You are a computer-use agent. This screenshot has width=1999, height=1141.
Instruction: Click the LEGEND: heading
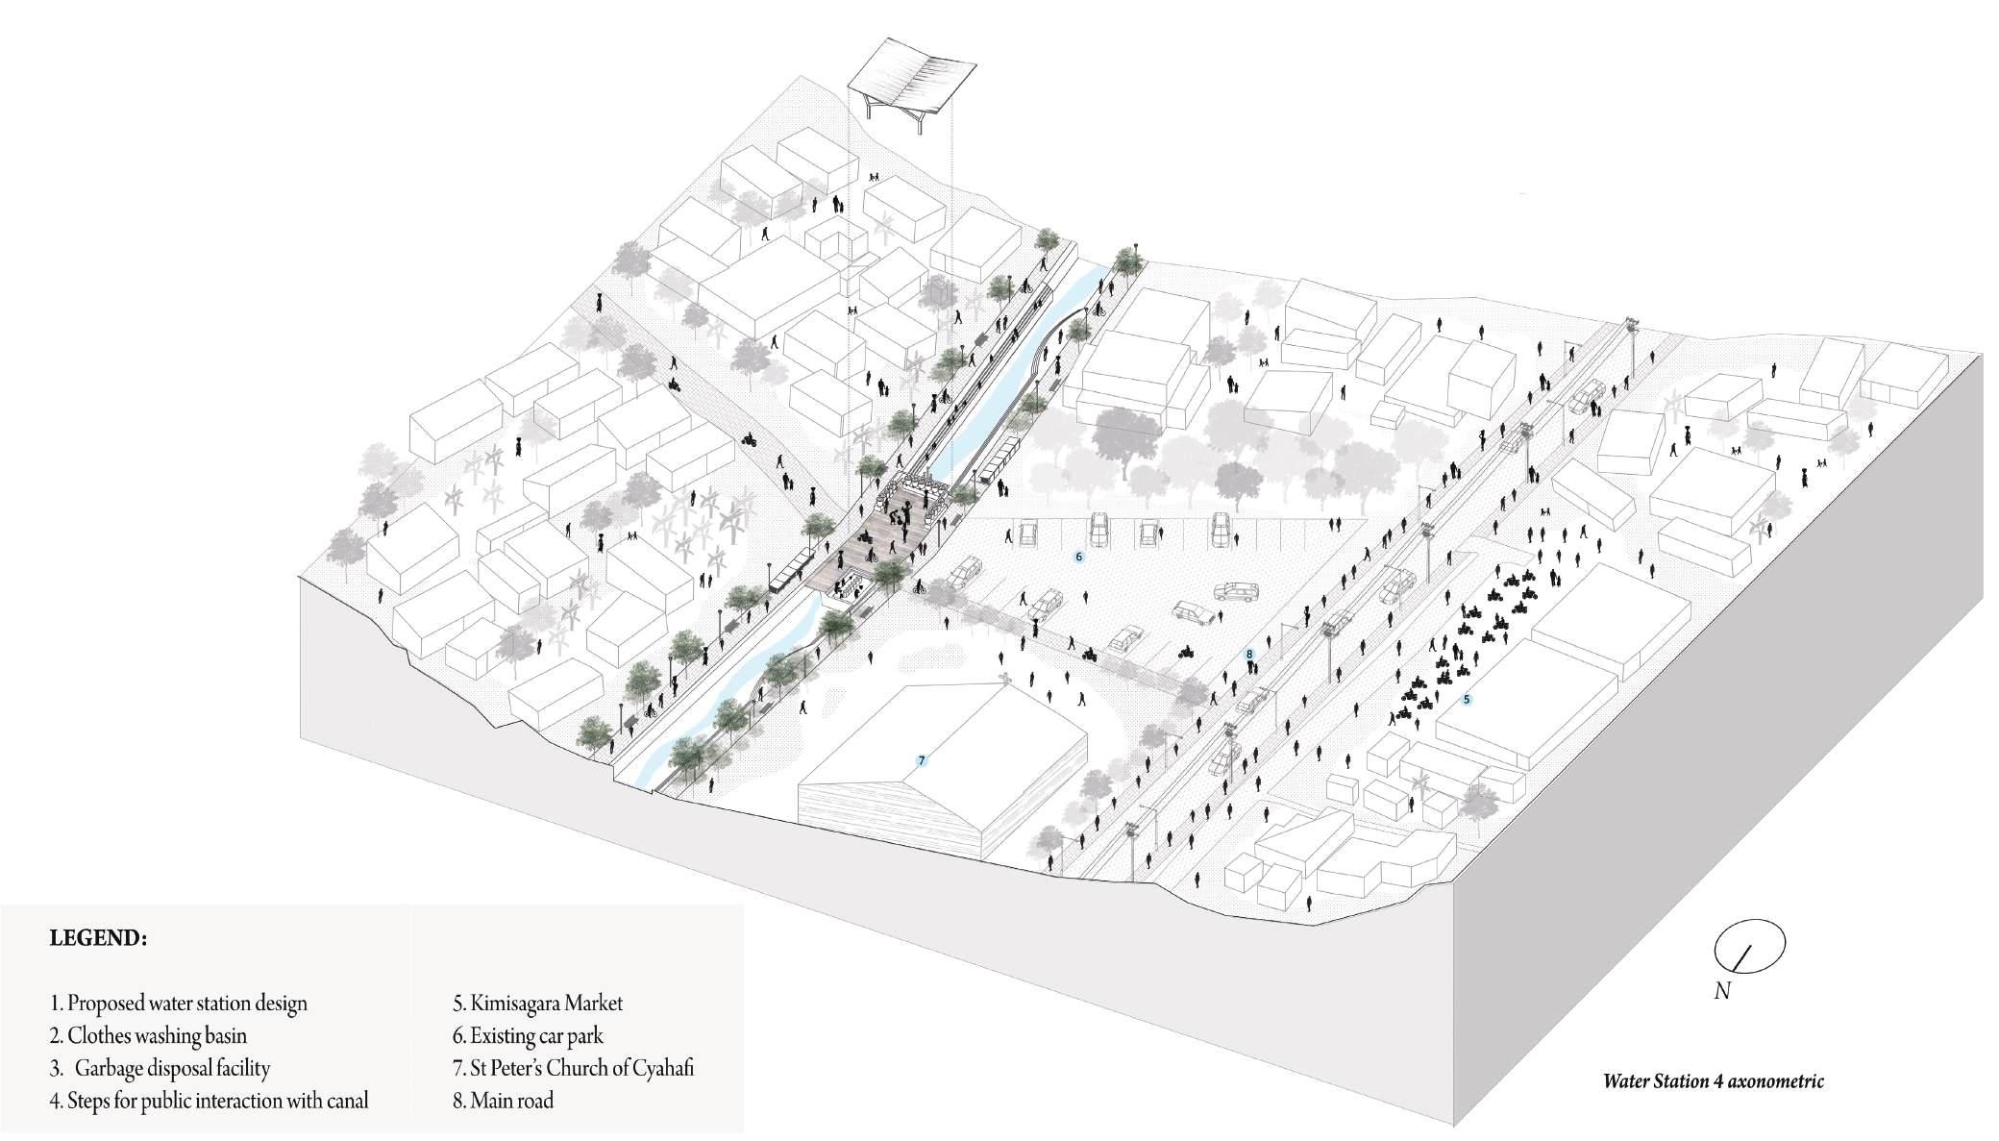click(98, 938)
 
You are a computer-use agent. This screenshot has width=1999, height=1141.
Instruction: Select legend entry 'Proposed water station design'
click(179, 1004)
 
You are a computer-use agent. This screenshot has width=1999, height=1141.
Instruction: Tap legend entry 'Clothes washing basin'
click(148, 1036)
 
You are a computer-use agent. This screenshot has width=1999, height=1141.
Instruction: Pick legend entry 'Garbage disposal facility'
click(161, 1068)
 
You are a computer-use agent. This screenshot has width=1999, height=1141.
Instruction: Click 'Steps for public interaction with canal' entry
click(209, 1101)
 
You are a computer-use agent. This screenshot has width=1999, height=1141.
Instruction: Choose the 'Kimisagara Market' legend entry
click(538, 1004)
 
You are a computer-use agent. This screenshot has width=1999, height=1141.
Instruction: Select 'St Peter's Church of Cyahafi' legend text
click(574, 1068)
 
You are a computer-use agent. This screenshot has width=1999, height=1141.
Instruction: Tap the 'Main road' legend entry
click(504, 1101)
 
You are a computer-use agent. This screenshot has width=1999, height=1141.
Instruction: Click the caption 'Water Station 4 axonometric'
click(1713, 1081)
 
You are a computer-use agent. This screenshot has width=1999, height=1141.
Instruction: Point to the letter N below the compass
click(1722, 992)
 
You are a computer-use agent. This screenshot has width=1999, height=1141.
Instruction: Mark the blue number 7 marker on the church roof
click(921, 760)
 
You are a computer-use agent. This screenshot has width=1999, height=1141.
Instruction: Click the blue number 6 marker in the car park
click(1078, 557)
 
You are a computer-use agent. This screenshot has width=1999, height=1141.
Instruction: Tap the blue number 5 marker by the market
click(1466, 700)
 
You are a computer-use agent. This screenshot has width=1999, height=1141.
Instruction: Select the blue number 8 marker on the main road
click(1249, 654)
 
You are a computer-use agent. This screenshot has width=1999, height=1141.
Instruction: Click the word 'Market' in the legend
click(592, 1004)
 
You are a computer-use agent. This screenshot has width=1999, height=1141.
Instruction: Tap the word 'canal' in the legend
click(344, 1101)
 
